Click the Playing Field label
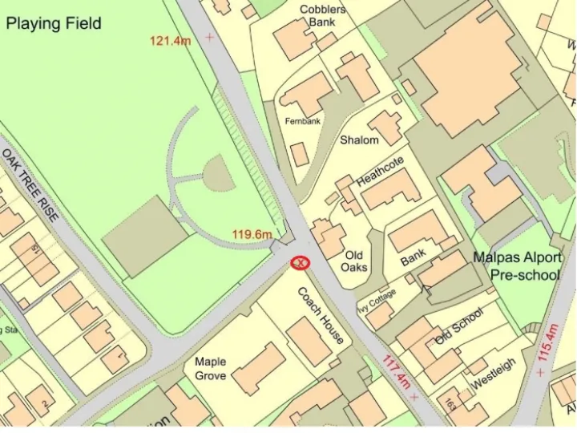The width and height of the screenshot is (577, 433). click(x=54, y=23)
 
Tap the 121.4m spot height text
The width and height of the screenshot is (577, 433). click(x=170, y=40)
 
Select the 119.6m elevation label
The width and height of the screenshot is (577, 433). click(x=252, y=234)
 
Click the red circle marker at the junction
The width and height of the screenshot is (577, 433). click(x=301, y=262)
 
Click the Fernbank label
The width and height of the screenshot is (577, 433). click(x=303, y=121)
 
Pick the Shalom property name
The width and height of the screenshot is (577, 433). click(x=359, y=140)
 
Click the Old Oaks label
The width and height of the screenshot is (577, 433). click(x=355, y=261)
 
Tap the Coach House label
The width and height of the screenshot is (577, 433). click(x=321, y=315)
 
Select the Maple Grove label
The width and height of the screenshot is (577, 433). click(x=211, y=368)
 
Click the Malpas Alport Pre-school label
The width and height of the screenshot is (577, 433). click(x=517, y=266)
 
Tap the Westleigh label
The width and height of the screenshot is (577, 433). click(x=493, y=374)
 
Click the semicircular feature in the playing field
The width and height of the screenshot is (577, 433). click(x=219, y=174)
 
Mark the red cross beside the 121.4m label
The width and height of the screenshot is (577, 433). click(x=210, y=37)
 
